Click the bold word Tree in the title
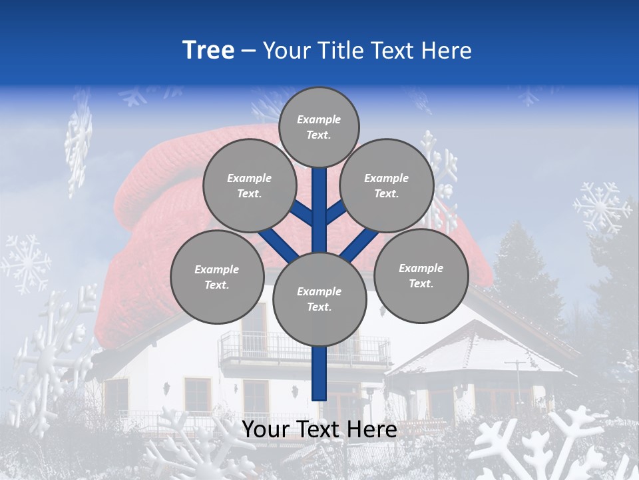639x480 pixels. (208, 51)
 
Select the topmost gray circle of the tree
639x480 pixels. (319, 127)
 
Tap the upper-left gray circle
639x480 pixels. (250, 185)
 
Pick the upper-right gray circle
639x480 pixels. (387, 185)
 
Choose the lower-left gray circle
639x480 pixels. (217, 277)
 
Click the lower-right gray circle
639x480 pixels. (421, 275)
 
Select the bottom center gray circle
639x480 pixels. (319, 299)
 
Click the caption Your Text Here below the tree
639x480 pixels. (319, 430)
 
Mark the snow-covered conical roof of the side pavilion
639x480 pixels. (476, 347)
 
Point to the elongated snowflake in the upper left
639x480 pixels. (79, 143)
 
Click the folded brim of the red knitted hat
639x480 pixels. (160, 193)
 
